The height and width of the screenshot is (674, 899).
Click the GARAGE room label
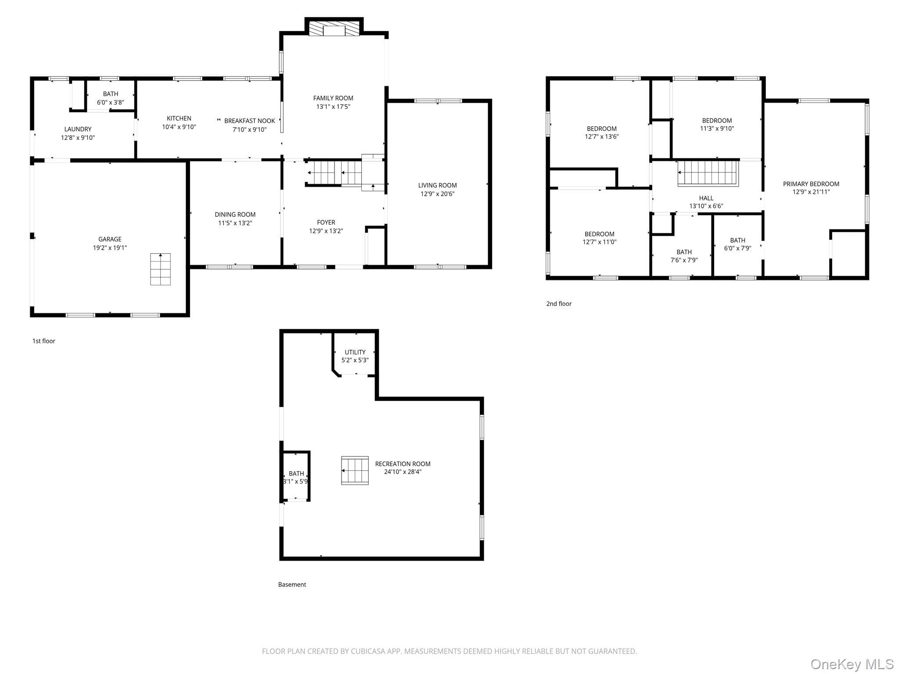pos(110,239)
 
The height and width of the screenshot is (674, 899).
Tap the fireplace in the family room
pos(334,29)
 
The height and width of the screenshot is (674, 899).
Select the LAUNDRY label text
pos(78,129)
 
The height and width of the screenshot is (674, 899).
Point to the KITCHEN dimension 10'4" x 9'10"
pos(179,127)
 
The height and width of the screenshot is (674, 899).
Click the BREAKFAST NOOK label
pos(250,121)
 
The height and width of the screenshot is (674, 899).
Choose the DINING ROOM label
pos(235,215)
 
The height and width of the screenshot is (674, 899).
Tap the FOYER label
pos(326,222)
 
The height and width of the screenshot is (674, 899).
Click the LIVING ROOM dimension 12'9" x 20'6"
pos(437,194)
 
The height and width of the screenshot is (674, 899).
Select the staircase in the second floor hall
pos(708,173)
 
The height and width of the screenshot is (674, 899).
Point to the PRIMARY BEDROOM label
pos(811,184)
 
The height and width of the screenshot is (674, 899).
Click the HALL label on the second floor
pos(706,198)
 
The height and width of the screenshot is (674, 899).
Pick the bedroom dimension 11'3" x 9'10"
pos(717,129)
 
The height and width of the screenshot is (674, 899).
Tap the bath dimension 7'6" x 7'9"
pos(684,260)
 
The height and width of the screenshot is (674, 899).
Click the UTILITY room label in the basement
pos(355,352)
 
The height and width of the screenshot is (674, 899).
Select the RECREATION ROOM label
pos(403,464)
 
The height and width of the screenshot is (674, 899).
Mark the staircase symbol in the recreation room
pos(355,470)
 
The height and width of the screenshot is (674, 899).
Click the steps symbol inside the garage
pos(161,269)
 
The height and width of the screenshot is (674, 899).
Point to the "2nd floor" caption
pos(559,304)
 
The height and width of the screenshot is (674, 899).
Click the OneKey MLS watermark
pos(852,664)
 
